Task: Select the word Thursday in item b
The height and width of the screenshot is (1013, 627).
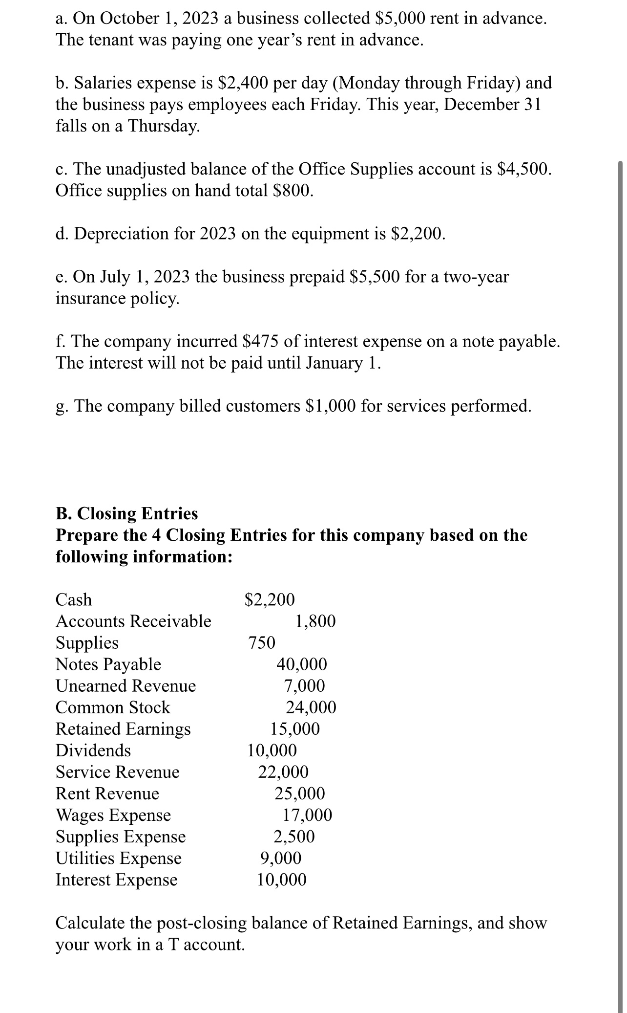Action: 164,126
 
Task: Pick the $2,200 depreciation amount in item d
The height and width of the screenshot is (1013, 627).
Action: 418,234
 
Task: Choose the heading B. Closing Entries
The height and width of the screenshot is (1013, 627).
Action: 127,513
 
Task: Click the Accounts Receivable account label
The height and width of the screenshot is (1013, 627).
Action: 133,621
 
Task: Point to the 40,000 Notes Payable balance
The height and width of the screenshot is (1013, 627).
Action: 302,664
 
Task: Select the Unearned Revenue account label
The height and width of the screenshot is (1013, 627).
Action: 125,685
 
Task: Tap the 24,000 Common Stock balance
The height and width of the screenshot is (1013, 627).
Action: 311,707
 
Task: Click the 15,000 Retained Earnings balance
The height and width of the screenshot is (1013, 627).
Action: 295,728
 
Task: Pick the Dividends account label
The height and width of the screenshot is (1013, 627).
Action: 93,750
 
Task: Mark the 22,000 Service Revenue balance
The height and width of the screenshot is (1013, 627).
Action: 283,771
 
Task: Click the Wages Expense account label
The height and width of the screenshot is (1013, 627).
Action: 113,815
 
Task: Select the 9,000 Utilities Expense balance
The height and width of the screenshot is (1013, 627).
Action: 280,858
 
